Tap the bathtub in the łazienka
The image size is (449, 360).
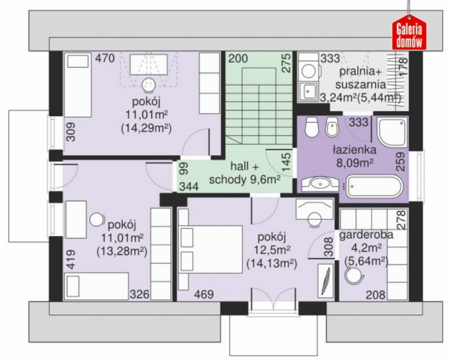point(374,186)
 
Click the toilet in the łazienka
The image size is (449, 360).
point(311,127)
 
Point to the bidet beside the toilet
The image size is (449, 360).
point(332,127)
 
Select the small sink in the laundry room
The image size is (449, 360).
point(308,92)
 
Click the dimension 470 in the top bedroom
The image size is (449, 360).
point(105,58)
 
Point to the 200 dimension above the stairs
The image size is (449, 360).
point(238,58)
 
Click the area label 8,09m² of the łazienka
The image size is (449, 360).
point(354,163)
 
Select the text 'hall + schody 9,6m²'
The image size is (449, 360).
point(245,173)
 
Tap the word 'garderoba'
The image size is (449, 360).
point(366,235)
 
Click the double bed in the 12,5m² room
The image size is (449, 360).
point(211,250)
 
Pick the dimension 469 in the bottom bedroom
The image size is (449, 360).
point(204,294)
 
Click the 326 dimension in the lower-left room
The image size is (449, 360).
point(140,294)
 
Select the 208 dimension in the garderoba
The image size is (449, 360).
point(376,294)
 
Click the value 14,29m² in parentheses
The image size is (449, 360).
point(147,128)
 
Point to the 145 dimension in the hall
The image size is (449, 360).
point(287,162)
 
